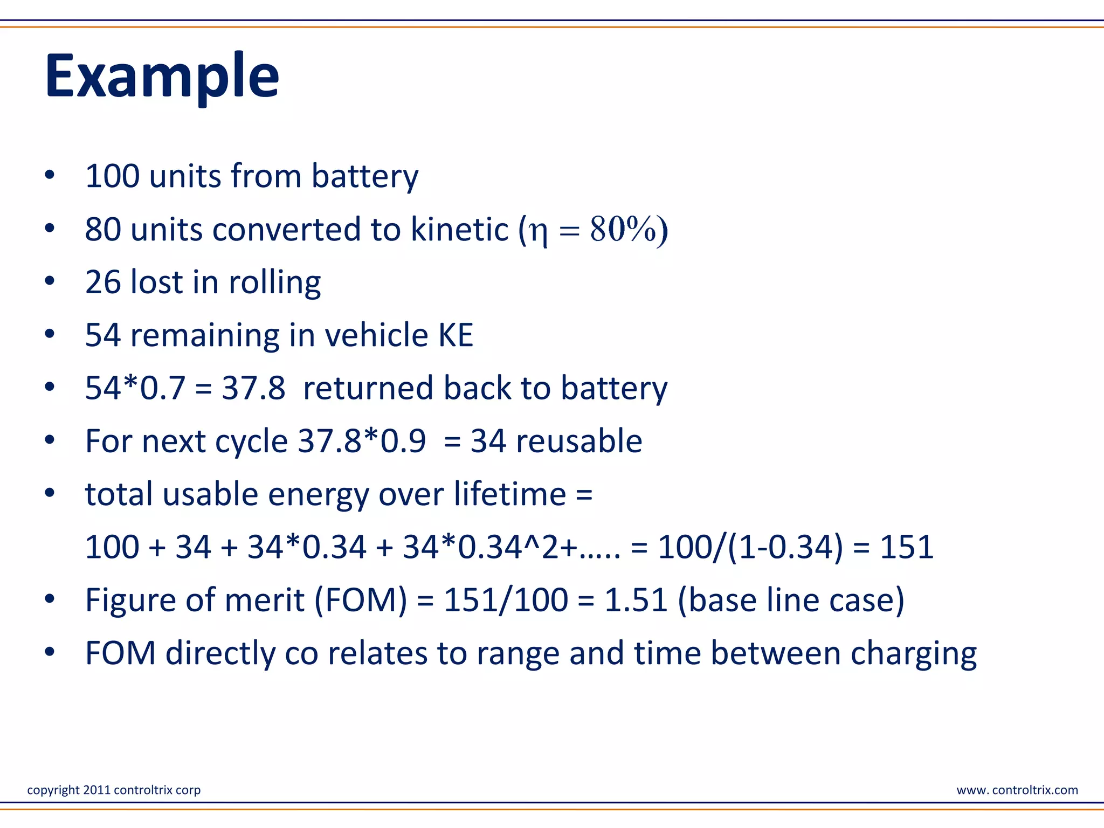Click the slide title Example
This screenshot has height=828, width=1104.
pos(162,77)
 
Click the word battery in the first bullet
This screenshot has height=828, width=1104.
pos(364,177)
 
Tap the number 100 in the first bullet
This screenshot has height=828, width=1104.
pos(112,176)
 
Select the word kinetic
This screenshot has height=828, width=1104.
pos(459,229)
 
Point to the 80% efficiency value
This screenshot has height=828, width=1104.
pos(623,229)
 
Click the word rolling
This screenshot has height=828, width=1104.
pos(274,282)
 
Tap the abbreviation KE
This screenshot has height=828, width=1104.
pos(456,335)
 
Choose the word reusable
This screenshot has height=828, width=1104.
pos(579,441)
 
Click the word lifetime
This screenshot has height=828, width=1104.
pos(509,494)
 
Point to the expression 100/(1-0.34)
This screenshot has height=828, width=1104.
pos(750,547)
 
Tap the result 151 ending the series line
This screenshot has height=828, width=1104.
pos(907,547)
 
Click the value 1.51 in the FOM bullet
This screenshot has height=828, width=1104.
pos(636,600)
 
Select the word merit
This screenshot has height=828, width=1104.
pos(264,600)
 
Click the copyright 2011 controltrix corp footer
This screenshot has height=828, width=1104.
pos(114,790)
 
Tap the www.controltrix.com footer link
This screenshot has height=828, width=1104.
pos(1017,790)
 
